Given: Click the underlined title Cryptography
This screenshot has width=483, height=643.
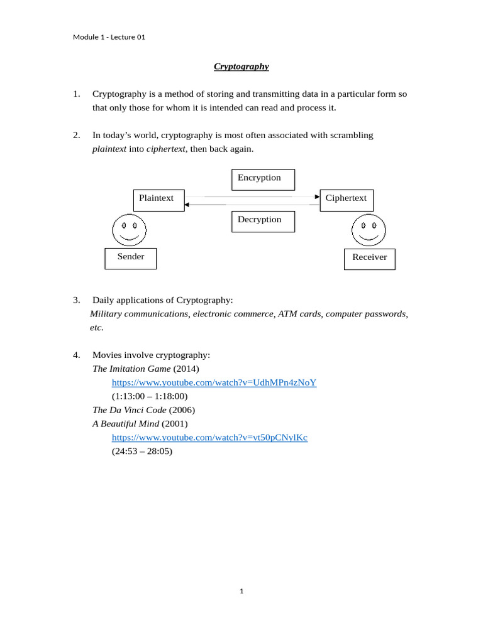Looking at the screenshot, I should click(x=241, y=66).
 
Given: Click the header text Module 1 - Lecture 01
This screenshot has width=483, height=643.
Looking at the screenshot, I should click(x=109, y=37).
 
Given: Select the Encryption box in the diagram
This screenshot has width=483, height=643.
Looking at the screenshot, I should click(x=263, y=180).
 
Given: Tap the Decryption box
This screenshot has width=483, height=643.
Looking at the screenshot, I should click(x=263, y=222).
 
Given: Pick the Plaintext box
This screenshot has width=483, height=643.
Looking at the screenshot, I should click(x=159, y=200).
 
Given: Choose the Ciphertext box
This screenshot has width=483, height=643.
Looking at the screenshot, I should click(x=347, y=200).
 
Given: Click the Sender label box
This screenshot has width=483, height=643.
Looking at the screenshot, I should click(x=130, y=258).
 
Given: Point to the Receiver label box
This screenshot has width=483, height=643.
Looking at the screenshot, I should click(x=369, y=259).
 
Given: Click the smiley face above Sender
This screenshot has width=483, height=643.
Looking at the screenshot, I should click(x=130, y=230).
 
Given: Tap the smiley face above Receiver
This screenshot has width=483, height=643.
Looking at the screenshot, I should click(x=369, y=230).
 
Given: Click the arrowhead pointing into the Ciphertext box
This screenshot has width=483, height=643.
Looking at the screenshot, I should click(x=318, y=197).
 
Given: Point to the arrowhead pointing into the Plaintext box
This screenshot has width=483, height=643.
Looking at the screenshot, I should click(x=187, y=205).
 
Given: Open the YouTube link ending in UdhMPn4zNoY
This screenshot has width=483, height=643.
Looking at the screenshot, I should click(x=214, y=382).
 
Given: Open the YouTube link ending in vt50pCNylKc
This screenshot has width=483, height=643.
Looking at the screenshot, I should click(x=209, y=437).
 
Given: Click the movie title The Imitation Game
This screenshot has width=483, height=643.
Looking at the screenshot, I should click(x=131, y=369).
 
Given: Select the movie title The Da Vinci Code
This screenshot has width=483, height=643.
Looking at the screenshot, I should click(x=130, y=410).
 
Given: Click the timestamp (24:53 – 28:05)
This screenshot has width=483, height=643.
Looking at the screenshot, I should click(x=142, y=451).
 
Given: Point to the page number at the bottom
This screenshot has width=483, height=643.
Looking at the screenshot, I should click(x=241, y=591).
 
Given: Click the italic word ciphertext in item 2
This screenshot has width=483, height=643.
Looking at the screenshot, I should click(x=166, y=149).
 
